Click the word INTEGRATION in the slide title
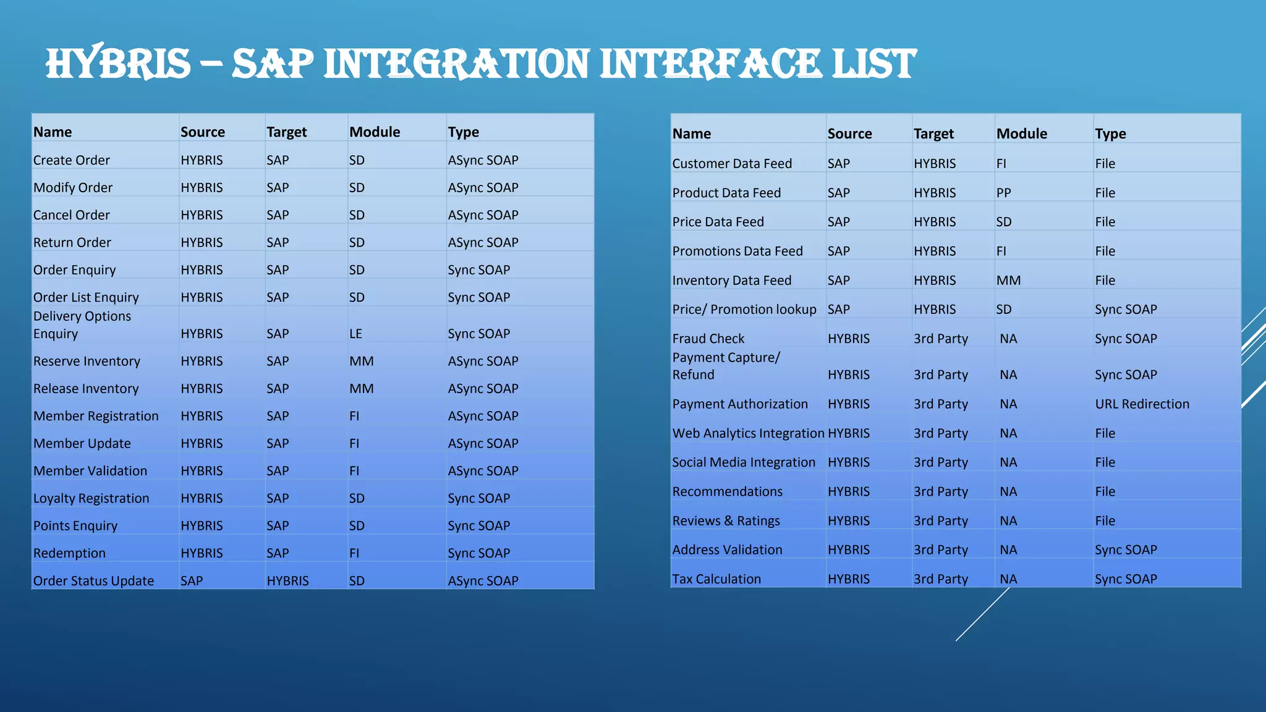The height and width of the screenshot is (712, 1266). pyautogui.click(x=456, y=64)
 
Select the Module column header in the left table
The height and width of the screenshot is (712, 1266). pyautogui.click(x=375, y=132)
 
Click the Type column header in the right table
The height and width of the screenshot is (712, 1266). pyautogui.click(x=1110, y=134)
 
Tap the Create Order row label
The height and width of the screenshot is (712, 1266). pyautogui.click(x=72, y=161)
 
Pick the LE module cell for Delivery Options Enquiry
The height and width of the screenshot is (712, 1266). pyautogui.click(x=355, y=334)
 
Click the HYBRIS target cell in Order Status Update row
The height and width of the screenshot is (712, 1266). pyautogui.click(x=287, y=581)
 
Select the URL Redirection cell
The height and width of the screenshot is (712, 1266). pyautogui.click(x=1142, y=404)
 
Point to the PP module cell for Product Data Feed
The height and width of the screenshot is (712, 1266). pyautogui.click(x=1003, y=193)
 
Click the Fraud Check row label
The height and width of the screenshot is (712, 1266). pyautogui.click(x=708, y=339)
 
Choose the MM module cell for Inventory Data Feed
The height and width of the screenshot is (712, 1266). pyautogui.click(x=1008, y=281)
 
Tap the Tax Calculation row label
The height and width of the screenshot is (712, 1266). pyautogui.click(x=716, y=579)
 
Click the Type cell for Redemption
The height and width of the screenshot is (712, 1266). pyautogui.click(x=478, y=554)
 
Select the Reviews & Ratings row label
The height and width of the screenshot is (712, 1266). pyautogui.click(x=726, y=521)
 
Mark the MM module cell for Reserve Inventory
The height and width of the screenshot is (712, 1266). pyautogui.click(x=361, y=362)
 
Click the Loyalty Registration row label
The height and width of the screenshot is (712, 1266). pyautogui.click(x=91, y=499)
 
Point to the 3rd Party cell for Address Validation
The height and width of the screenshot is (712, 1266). pyautogui.click(x=940, y=550)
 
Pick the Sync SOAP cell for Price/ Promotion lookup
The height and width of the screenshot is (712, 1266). pyautogui.click(x=1125, y=310)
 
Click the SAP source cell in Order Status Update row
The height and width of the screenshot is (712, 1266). pyautogui.click(x=192, y=581)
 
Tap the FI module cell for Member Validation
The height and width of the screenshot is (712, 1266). pyautogui.click(x=354, y=471)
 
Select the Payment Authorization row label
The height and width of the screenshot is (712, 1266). pyautogui.click(x=740, y=404)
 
